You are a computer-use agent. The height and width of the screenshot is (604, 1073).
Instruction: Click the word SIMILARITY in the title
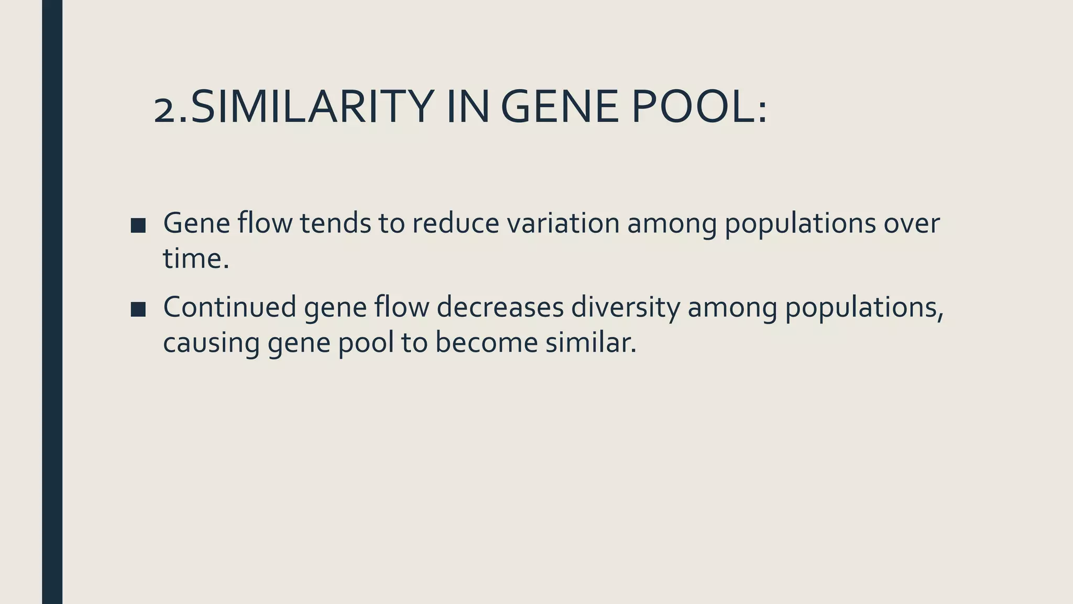(312, 107)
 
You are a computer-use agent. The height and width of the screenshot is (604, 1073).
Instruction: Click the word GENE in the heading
(560, 107)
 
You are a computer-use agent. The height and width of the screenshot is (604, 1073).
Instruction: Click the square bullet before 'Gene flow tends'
(138, 225)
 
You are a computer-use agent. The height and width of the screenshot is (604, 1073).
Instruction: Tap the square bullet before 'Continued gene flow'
(138, 309)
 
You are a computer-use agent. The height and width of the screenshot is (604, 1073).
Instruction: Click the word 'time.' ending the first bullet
(196, 258)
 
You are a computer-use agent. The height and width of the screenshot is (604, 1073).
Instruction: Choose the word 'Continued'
(229, 307)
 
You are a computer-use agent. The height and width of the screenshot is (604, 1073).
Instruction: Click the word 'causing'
(211, 343)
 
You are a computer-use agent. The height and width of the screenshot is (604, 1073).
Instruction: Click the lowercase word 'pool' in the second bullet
(366, 343)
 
